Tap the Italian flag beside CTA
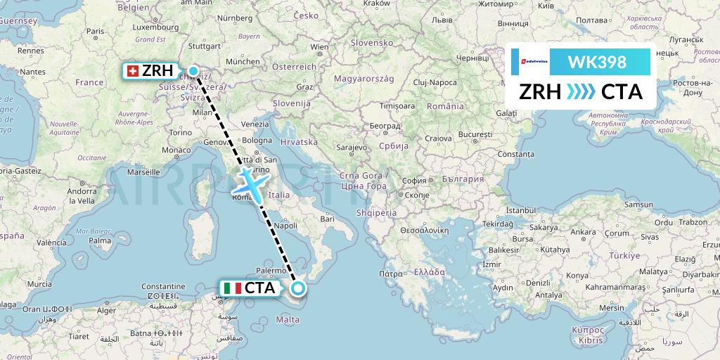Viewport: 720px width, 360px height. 232,288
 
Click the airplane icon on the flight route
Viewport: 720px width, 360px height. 248,183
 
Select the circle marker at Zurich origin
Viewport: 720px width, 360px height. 193,70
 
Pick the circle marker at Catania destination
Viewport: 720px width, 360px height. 298,288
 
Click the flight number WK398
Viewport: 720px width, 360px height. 597,62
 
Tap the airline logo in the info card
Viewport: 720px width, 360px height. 531,62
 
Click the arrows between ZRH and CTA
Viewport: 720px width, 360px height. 581,92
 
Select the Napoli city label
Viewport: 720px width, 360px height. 286,226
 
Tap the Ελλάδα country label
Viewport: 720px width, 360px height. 430,271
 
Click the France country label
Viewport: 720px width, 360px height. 89,82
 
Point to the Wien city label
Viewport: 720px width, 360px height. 319,47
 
